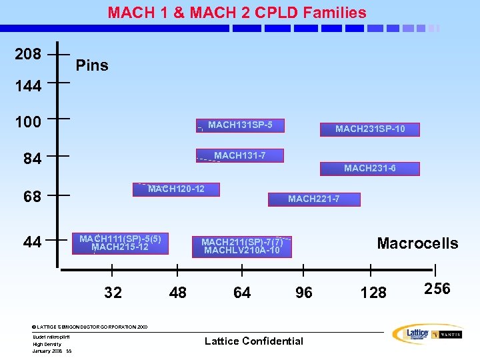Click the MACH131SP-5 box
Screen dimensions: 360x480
coord(240,125)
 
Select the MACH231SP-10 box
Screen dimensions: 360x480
coord(369,129)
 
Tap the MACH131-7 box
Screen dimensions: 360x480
coord(239,155)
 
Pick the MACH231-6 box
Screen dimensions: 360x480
coord(369,168)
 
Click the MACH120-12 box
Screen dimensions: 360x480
coord(176,189)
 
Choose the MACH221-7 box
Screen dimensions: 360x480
coord(313,199)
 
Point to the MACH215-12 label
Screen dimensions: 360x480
coord(120,247)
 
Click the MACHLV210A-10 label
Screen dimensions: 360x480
coord(242,251)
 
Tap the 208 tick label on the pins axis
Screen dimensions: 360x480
coord(28,54)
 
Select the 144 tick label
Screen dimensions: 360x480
coord(28,86)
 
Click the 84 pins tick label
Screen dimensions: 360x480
coord(32,159)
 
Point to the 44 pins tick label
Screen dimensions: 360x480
coord(32,242)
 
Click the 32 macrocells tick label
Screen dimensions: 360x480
coord(113,293)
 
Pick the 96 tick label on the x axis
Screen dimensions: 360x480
coord(303,293)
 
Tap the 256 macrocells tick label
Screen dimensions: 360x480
coord(437,289)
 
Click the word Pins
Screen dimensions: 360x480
coord(92,65)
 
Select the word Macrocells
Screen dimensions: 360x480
coord(417,243)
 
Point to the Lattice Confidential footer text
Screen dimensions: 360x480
coord(253,341)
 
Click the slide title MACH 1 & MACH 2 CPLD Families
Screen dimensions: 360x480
coord(237,13)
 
